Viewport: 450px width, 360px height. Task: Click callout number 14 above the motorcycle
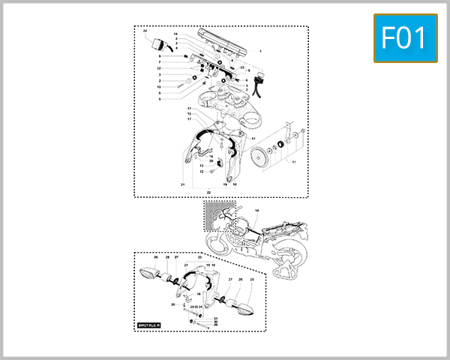coord(256,211)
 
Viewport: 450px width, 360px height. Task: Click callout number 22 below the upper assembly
coord(208,192)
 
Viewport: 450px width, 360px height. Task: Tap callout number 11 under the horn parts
coord(294,162)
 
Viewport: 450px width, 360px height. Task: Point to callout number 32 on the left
coord(160,68)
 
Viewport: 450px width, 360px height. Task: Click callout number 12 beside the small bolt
coord(202,172)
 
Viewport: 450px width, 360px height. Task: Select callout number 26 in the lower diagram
coord(156,257)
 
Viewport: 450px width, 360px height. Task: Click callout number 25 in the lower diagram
coord(252,280)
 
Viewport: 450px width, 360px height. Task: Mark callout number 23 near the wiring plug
coord(242,68)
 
